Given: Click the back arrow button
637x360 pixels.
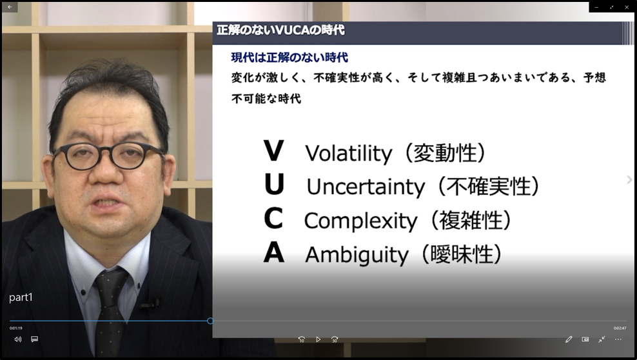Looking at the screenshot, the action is tap(10, 7).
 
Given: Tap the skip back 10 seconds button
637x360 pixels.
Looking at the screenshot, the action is tap(302, 339).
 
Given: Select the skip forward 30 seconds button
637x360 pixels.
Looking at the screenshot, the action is tap(335, 339).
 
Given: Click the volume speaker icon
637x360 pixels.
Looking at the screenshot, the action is tap(18, 339).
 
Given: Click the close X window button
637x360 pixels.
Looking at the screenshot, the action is tap(627, 7).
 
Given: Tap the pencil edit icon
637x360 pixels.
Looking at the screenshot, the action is tap(569, 339).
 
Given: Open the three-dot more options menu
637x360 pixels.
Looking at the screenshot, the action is tap(618, 339).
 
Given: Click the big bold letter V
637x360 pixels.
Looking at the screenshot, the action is tap(274, 151).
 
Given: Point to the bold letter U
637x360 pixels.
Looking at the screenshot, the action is tap(274, 185).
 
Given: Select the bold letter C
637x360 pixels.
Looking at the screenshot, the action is tap(273, 218).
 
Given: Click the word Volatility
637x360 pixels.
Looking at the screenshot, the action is tap(349, 154).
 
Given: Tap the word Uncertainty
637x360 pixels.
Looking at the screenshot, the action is tap(366, 187).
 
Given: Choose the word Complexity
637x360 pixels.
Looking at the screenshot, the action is tap(361, 221).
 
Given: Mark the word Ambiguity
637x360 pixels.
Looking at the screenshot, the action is tap(357, 255).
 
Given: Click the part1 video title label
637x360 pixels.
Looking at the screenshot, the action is tap(21, 297).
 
